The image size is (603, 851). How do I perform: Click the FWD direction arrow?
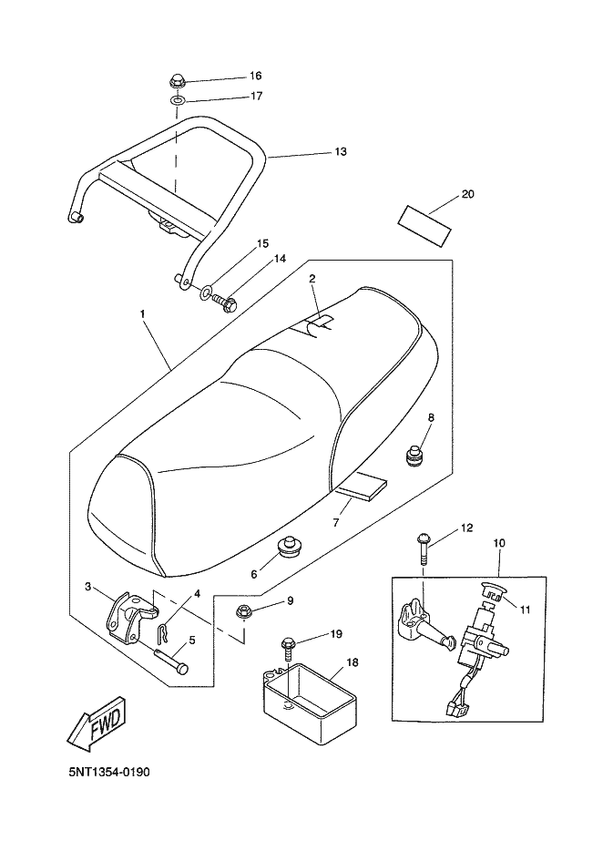pos(97,725)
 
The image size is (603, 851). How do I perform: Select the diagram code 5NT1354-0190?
pos(109,771)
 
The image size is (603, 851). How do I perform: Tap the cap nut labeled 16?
pos(177,82)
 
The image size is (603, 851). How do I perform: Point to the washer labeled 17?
pos(177,101)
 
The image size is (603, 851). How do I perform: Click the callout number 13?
pos(340,151)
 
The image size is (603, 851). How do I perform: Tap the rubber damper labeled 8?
pos(415,455)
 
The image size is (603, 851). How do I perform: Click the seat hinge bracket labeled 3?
pos(128,617)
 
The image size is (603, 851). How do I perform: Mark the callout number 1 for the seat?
pos(142,313)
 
